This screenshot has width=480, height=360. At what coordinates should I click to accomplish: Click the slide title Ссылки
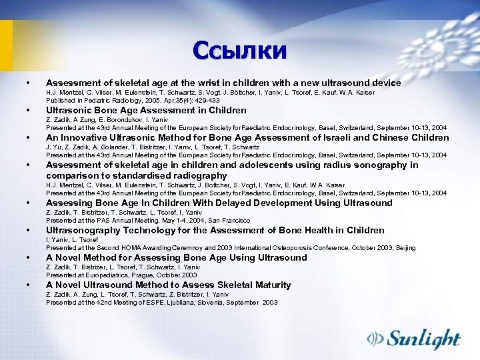[x=239, y=50]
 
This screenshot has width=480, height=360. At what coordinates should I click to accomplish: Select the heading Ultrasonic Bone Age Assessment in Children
[x=146, y=111]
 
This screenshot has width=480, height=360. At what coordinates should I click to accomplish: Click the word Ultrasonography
[x=81, y=231]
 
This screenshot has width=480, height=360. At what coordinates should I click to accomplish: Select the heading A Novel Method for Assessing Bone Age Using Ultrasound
[x=177, y=258]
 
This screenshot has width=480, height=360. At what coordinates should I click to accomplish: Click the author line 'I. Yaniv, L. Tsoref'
[x=72, y=239]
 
